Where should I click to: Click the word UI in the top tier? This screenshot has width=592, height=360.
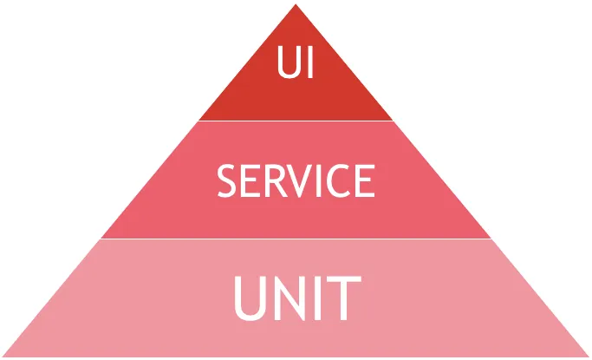[296, 62]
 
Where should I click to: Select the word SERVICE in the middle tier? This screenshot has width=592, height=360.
[296, 181]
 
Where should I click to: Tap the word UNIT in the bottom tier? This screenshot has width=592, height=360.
[297, 298]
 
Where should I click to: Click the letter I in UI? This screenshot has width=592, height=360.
[310, 62]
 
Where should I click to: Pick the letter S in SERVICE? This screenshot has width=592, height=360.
[227, 181]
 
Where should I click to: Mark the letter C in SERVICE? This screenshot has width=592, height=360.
[338, 181]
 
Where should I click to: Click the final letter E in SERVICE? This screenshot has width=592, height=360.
[365, 181]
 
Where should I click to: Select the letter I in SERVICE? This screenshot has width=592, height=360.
[319, 181]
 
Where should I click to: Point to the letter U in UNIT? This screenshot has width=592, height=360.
[250, 298]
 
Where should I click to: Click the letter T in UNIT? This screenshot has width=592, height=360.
[344, 298]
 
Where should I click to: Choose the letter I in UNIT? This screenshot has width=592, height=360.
[317, 298]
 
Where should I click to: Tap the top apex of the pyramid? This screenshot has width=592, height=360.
[296, 4]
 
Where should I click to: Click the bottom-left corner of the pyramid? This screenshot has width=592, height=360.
[3, 357]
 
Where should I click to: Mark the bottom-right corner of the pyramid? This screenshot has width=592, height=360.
[589, 357]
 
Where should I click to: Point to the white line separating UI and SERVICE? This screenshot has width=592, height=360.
[296, 121]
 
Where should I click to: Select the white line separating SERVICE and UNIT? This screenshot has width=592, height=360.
[296, 239]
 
